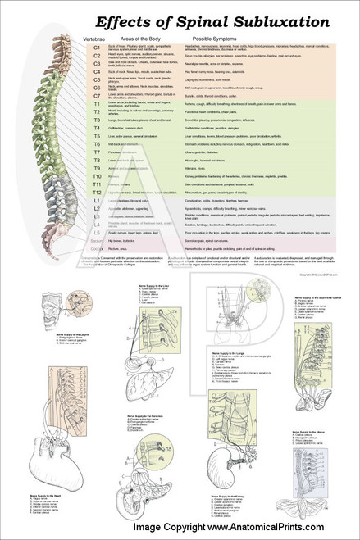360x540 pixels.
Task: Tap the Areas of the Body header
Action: [x=139, y=39]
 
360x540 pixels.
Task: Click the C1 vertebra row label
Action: [x=96, y=48]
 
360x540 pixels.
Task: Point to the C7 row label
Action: [x=96, y=98]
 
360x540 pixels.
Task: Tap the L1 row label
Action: [x=96, y=201]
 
